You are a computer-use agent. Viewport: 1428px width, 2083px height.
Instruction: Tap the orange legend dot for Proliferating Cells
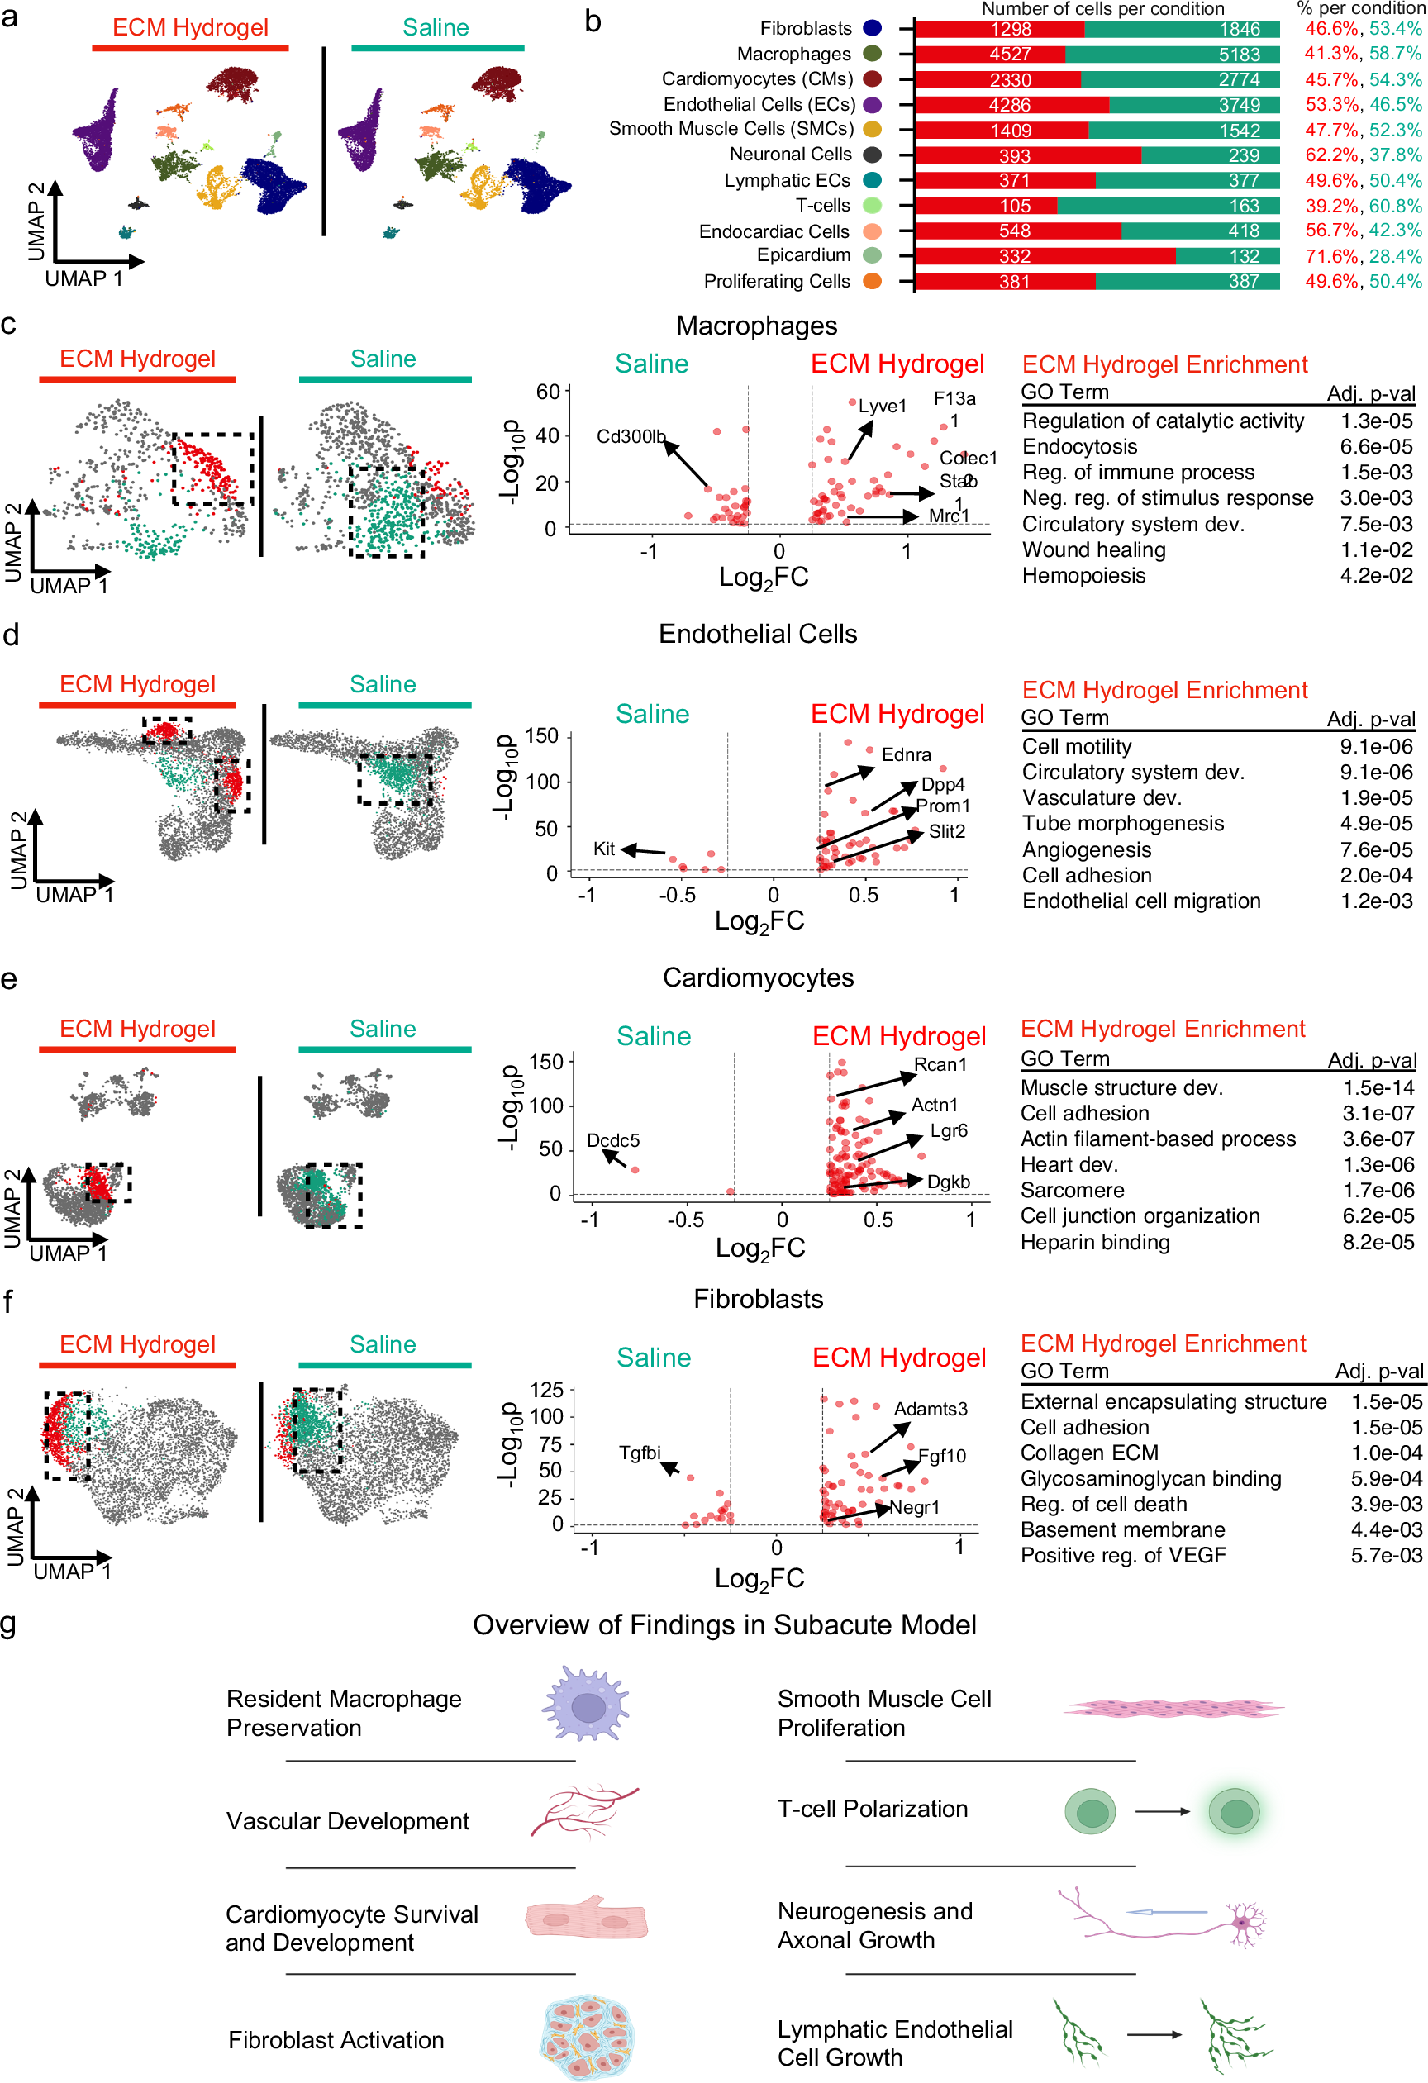coord(871,282)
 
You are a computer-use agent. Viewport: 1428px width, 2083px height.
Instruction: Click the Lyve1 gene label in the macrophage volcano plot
coord(882,406)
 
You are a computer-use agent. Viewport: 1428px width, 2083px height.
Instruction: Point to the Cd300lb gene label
coord(631,436)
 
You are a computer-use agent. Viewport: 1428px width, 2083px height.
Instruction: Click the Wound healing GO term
coord(1093,549)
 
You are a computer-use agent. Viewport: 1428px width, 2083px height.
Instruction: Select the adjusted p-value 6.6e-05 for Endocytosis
coord(1375,446)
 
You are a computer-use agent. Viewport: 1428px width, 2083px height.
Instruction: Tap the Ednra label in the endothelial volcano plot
coord(906,754)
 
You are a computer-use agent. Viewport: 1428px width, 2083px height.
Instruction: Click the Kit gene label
coord(603,848)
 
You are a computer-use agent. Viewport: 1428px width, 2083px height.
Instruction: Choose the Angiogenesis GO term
coord(1087,849)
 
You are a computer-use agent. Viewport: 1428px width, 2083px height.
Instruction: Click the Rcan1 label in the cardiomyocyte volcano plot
coord(940,1064)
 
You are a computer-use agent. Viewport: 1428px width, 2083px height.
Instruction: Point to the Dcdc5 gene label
coord(613,1140)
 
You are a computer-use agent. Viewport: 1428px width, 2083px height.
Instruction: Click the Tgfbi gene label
coord(639,1452)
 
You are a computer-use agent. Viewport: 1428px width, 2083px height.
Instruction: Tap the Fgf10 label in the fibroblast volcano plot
coord(941,1456)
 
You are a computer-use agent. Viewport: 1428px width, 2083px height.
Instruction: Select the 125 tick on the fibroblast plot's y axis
coord(546,1390)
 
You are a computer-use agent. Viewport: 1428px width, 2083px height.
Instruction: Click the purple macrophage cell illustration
coord(586,1704)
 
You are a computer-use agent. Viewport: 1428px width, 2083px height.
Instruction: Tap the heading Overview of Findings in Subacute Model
coord(723,1624)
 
